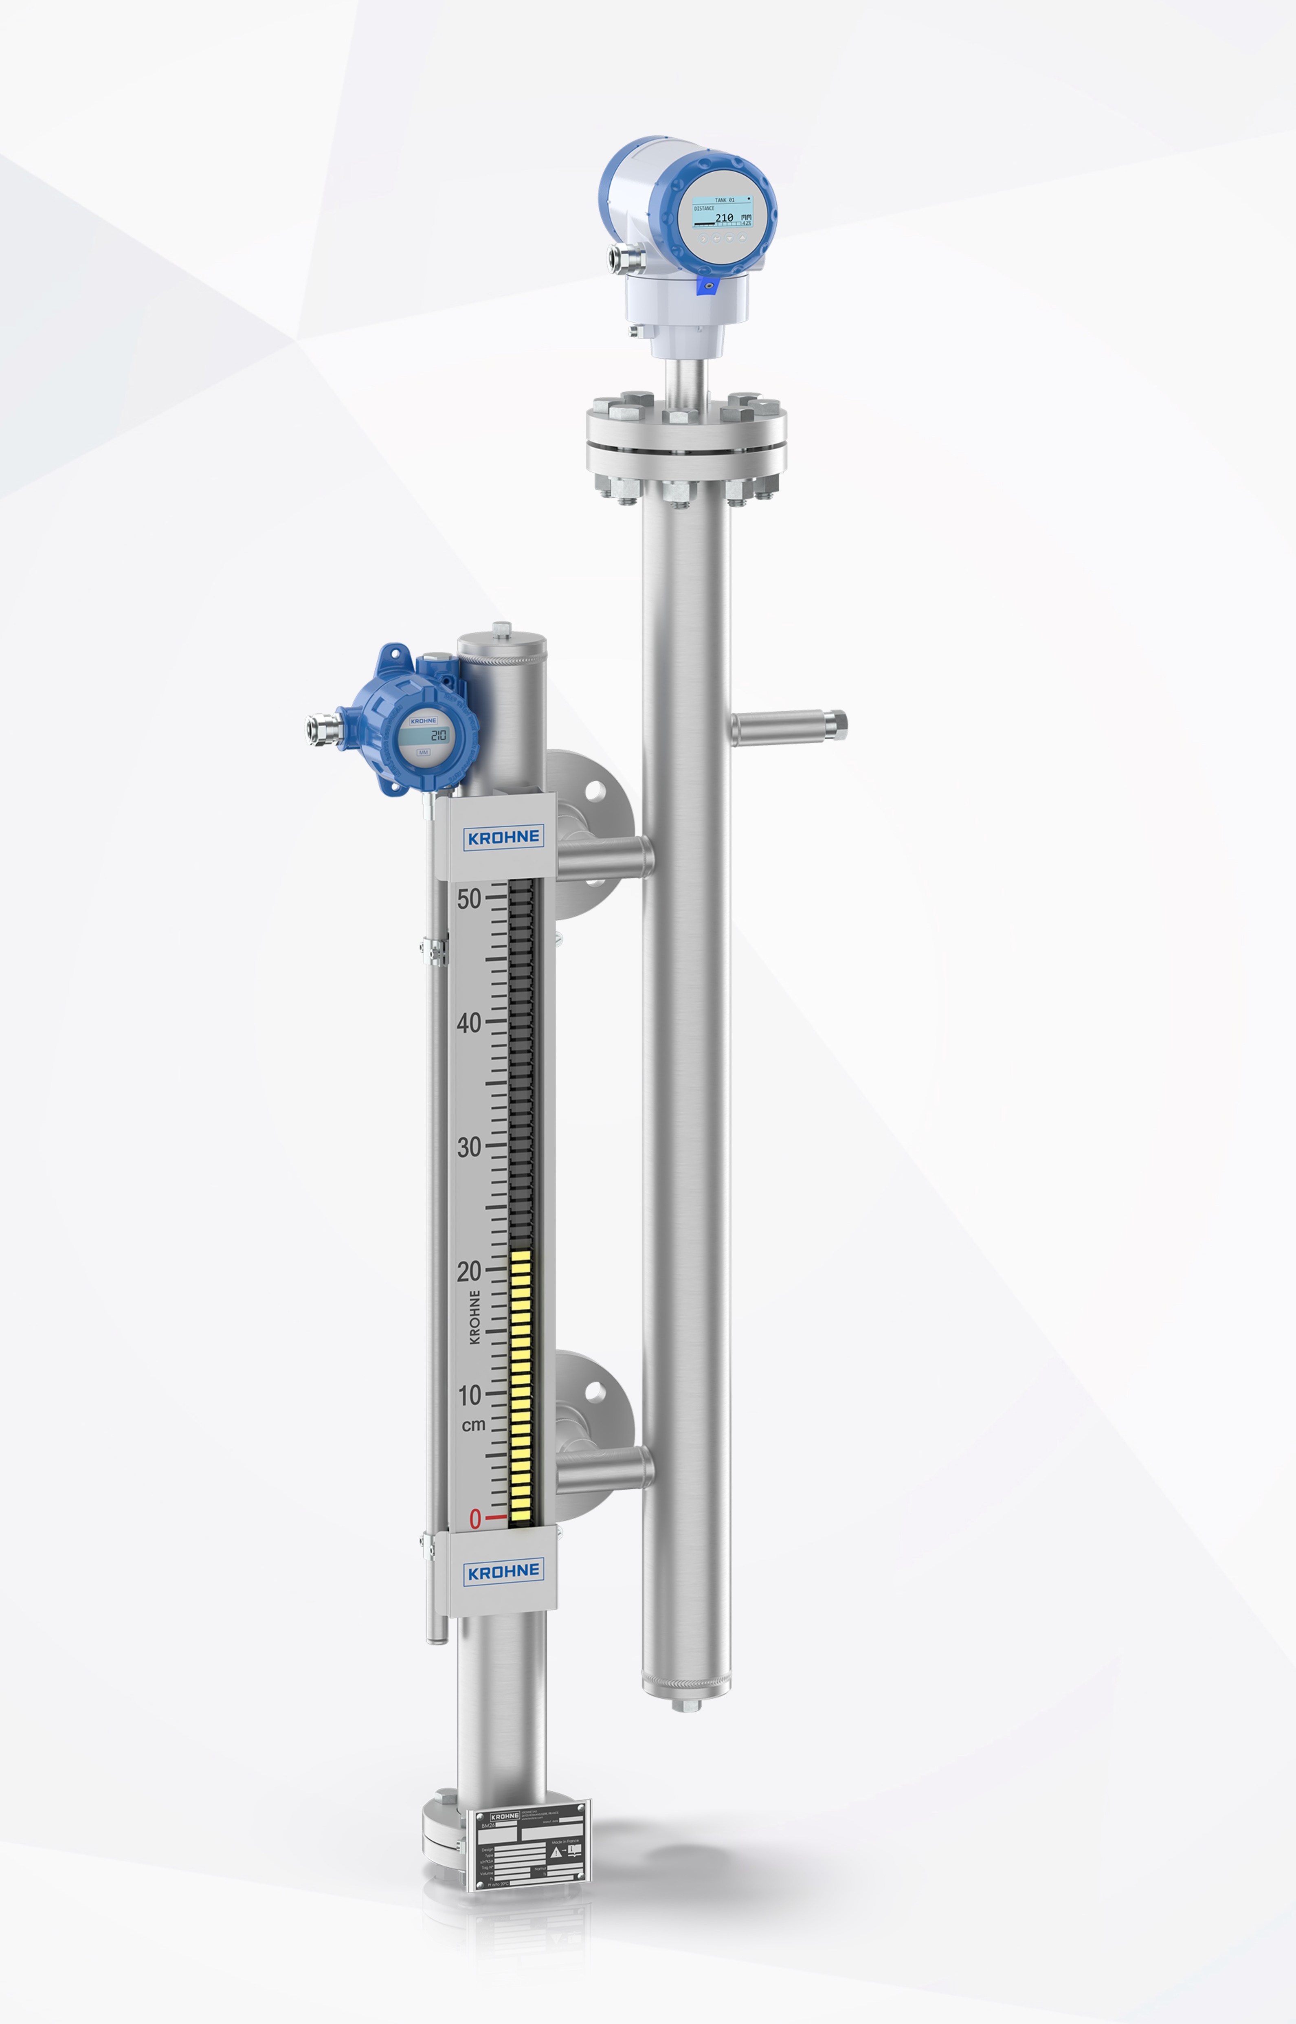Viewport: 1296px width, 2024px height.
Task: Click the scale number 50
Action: (x=469, y=899)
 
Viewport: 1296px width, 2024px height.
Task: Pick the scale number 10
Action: (x=469, y=1395)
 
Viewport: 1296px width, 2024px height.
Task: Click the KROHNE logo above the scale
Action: (x=503, y=837)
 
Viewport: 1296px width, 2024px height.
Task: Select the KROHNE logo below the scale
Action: (x=503, y=1572)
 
